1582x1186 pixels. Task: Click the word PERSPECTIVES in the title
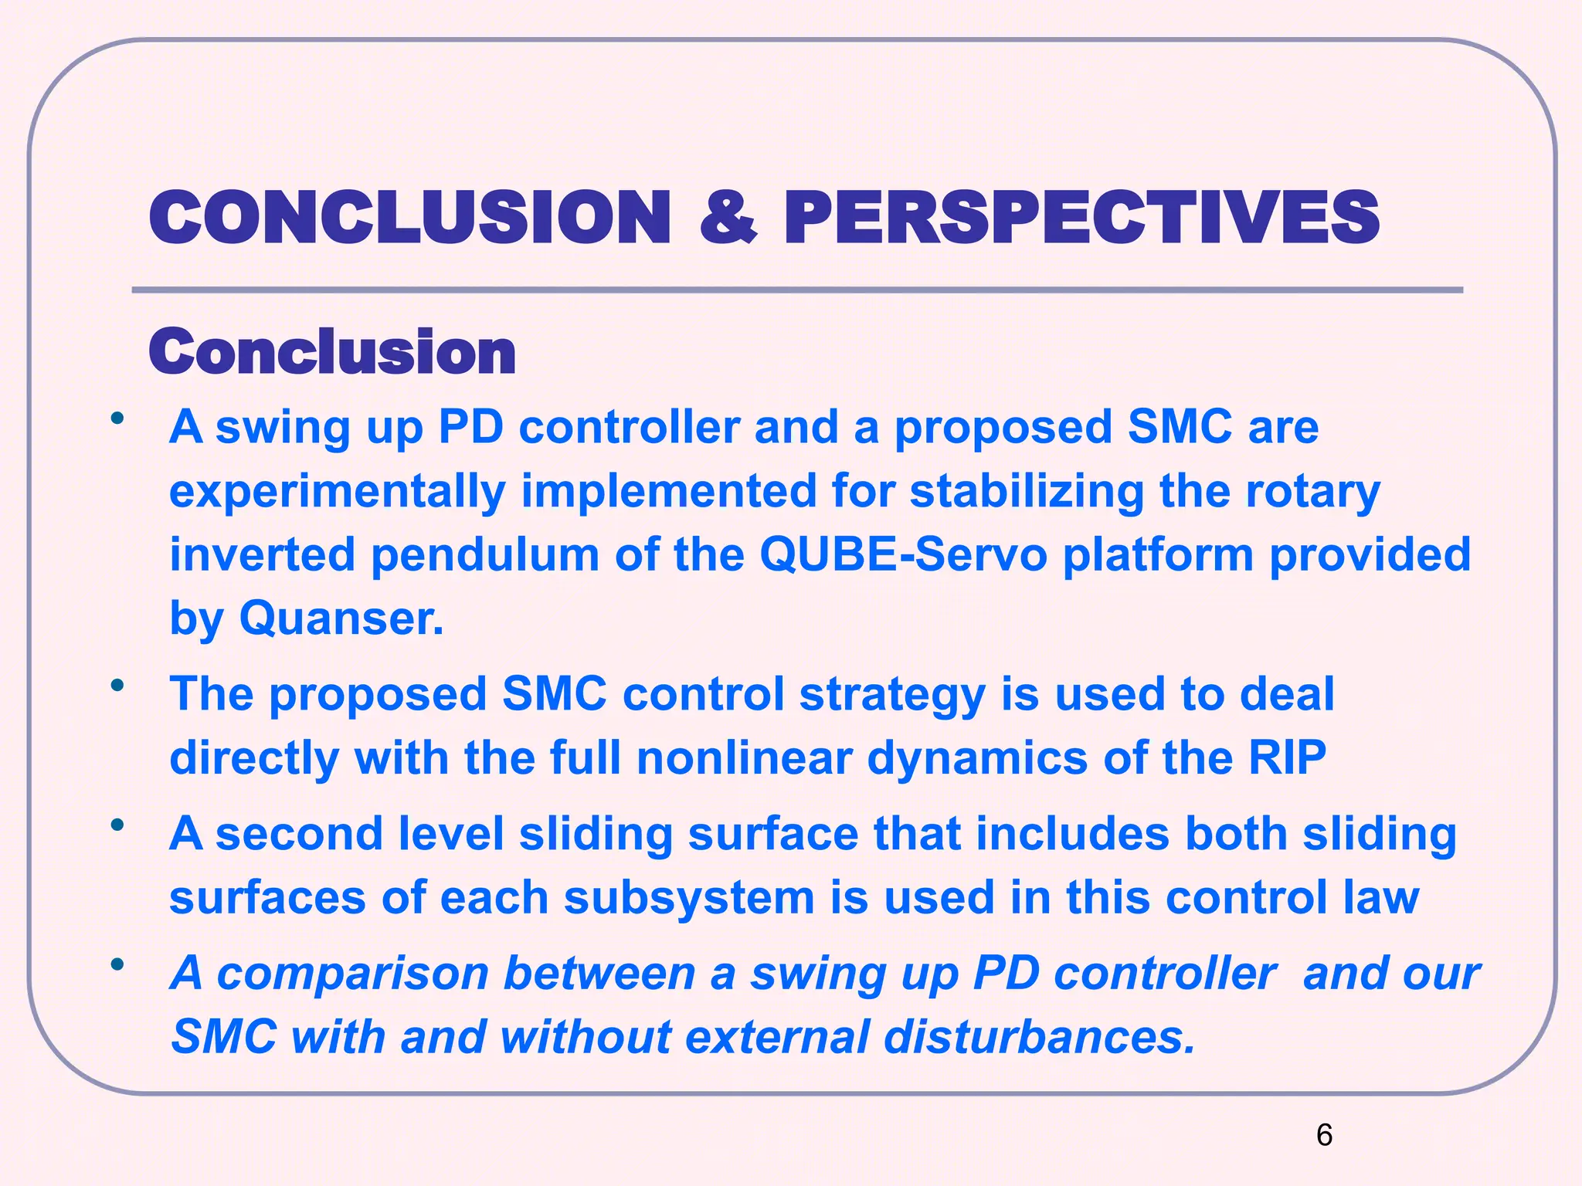point(1081,218)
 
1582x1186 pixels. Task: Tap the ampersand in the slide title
point(728,218)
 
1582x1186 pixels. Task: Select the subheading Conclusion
point(332,352)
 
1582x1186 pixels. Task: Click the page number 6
point(1324,1135)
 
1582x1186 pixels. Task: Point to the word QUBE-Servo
point(903,554)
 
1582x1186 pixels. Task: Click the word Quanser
point(341,618)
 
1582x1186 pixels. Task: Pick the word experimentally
point(338,492)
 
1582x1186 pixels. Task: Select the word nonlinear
point(744,757)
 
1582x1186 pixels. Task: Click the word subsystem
point(689,898)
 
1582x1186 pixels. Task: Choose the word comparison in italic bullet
point(353,973)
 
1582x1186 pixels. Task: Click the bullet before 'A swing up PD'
point(117,419)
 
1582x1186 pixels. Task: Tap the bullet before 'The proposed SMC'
point(117,685)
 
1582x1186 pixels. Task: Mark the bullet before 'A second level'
point(117,825)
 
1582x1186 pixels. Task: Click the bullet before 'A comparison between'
point(117,964)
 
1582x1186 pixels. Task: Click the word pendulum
point(485,556)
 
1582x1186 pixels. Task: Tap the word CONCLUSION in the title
point(409,218)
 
